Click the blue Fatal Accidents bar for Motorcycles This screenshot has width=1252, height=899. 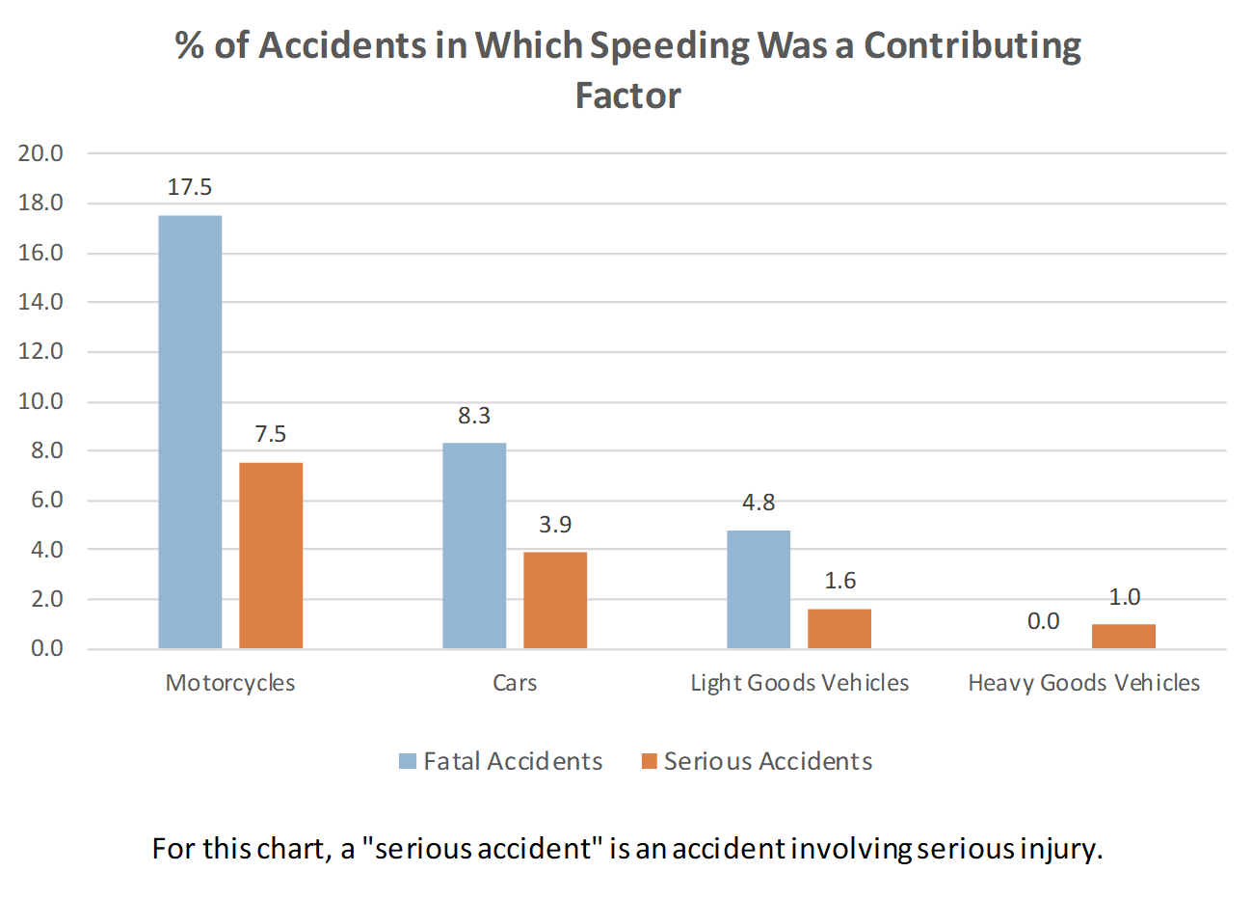click(x=190, y=431)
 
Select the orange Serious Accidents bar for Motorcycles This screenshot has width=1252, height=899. click(x=271, y=556)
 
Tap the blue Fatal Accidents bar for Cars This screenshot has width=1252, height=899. click(x=474, y=545)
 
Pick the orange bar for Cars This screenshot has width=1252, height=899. click(x=555, y=600)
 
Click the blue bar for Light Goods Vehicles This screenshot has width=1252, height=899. click(x=759, y=588)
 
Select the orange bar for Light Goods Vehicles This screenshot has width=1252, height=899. click(x=839, y=628)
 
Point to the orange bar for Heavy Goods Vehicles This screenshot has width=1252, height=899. click(x=1124, y=636)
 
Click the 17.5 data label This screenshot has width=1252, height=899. click(x=190, y=187)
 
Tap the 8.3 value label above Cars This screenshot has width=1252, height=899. click(x=474, y=416)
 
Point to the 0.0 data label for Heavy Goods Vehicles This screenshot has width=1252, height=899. click(x=1043, y=621)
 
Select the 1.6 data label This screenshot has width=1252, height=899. click(x=839, y=581)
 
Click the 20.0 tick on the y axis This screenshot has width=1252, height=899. click(x=40, y=153)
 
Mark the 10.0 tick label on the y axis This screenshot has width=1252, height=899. click(x=40, y=401)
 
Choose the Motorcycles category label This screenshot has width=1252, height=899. click(x=230, y=683)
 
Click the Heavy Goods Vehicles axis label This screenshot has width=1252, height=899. click(x=1083, y=683)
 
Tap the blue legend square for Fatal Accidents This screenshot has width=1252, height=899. click(x=408, y=762)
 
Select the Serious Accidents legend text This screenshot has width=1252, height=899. click(x=767, y=762)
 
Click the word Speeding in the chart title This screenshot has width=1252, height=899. click(x=668, y=46)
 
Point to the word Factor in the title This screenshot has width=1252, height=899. click(x=627, y=95)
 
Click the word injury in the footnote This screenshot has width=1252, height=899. click(x=1058, y=849)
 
